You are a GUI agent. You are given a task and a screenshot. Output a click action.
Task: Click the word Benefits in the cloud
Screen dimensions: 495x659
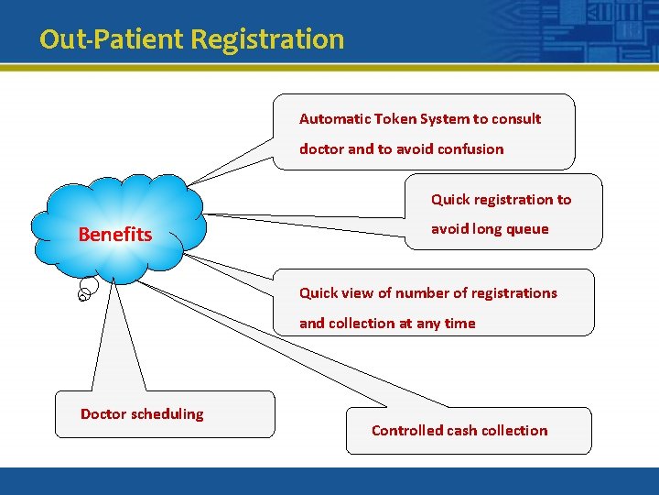coord(115,235)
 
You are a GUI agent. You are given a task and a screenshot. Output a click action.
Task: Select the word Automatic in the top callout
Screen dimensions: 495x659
coord(335,119)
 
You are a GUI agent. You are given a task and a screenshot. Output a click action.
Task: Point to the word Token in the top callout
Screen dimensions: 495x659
coord(395,119)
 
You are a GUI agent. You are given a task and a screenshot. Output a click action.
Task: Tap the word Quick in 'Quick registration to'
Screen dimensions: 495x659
coord(450,200)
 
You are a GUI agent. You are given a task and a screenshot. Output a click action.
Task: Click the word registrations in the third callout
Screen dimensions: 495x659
coord(513,293)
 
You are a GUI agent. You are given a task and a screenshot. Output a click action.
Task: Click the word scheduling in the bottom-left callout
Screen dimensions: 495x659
coord(167,414)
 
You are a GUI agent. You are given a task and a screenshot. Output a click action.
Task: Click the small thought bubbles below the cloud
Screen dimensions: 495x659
coord(85,291)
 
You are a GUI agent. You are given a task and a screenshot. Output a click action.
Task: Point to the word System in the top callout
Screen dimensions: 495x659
coord(446,119)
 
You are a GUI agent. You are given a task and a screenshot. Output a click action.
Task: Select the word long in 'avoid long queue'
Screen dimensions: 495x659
coord(486,229)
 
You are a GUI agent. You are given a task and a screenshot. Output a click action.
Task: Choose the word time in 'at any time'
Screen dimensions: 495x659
coord(459,324)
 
